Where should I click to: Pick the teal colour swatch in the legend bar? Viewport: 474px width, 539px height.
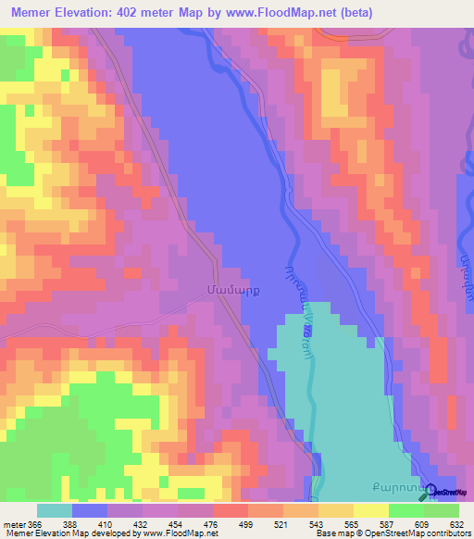(x=54, y=510)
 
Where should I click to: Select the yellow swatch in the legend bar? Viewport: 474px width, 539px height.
(x=371, y=510)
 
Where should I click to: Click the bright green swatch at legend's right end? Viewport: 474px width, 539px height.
(x=442, y=510)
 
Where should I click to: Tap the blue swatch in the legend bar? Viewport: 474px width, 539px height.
(x=89, y=510)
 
